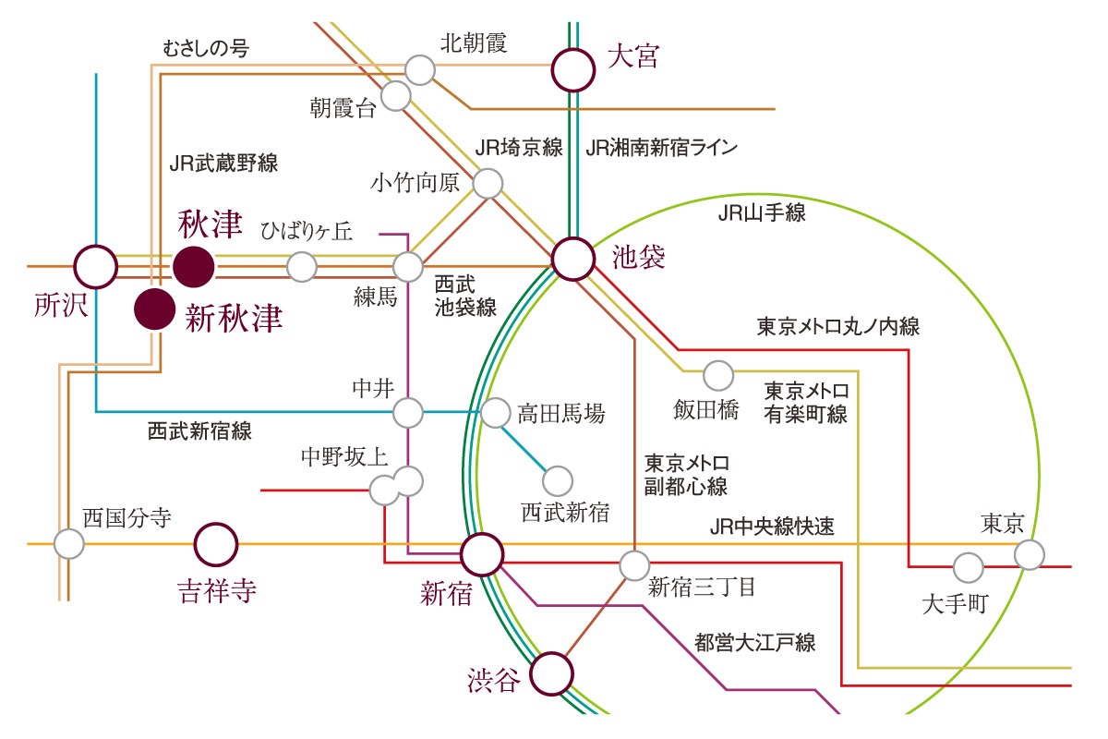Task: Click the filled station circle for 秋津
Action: [x=193, y=267]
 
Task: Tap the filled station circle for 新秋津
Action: [x=155, y=309]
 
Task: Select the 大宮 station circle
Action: [x=572, y=70]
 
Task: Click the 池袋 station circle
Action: [x=573, y=259]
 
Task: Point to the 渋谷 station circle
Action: [x=551, y=673]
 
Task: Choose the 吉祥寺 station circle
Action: [x=216, y=544]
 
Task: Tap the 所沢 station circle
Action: [x=95, y=267]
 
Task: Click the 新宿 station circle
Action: [x=482, y=554]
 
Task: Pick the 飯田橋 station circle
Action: [x=718, y=376]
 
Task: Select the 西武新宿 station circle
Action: [x=558, y=481]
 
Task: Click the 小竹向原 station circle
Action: [x=488, y=184]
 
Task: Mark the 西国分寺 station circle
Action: [x=68, y=544]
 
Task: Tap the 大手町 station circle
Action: [x=968, y=568]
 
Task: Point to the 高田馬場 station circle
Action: [x=495, y=413]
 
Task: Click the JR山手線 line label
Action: [x=761, y=213]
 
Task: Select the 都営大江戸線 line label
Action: [x=755, y=643]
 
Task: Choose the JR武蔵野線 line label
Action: [x=223, y=163]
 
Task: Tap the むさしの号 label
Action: [x=206, y=48]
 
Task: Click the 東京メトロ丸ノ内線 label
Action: [x=838, y=327]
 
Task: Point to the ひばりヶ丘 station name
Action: [x=307, y=231]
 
